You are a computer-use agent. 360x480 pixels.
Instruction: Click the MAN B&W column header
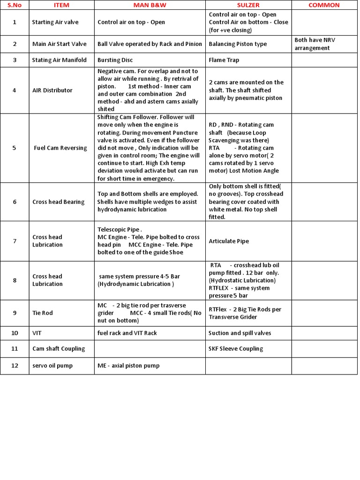coord(150,5)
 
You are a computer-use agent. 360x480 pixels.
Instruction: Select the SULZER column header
coord(248,5)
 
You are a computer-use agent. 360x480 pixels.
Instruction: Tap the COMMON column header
coord(324,5)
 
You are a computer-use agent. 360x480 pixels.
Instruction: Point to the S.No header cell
coord(15,5)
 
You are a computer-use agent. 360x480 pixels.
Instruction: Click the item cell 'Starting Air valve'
coord(55,22)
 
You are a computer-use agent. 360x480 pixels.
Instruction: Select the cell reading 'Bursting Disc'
coord(115,60)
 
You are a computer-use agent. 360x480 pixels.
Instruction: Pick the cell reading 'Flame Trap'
coord(225,60)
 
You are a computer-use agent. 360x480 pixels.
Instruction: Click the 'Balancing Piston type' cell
coord(238,44)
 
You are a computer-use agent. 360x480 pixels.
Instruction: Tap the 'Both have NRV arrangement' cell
coord(315,44)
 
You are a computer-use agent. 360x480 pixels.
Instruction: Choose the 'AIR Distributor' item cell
coord(52,90)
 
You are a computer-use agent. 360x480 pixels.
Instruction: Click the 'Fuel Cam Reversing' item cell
coord(60,148)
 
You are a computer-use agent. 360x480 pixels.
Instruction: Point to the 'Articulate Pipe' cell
coord(229,241)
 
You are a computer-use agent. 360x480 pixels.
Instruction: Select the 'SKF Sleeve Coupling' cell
coord(236,349)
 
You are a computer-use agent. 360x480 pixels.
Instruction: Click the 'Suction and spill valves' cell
coord(240,333)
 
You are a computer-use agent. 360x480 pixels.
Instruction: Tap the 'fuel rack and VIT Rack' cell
coord(127,333)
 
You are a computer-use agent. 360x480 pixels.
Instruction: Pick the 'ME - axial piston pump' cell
coord(128,366)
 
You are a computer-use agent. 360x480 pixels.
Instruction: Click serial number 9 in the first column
coord(15,313)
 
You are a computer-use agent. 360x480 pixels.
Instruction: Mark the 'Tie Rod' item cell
coord(43,313)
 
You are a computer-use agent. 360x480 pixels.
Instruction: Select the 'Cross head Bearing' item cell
coord(59,202)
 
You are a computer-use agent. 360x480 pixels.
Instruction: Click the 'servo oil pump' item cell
coord(52,366)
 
